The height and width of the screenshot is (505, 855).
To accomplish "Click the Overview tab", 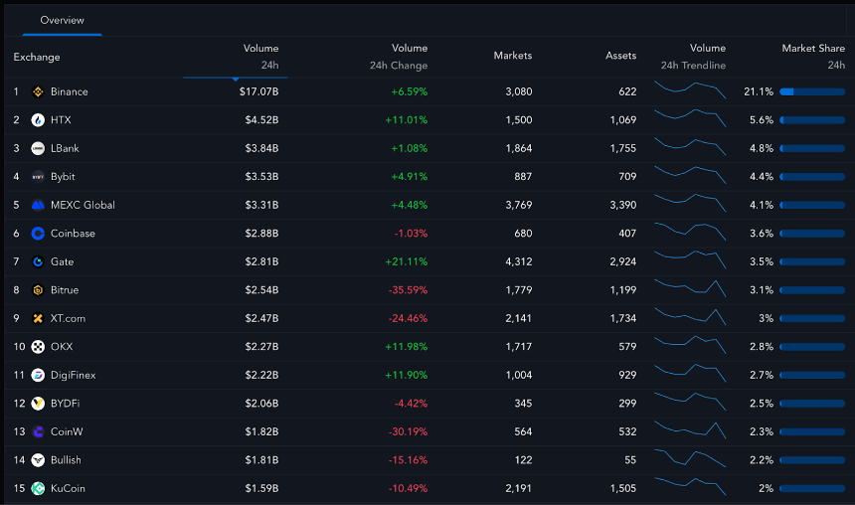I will click(x=62, y=20).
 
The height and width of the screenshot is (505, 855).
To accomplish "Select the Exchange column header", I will click(x=37, y=57).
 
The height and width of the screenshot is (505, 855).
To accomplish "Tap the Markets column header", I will click(x=512, y=56).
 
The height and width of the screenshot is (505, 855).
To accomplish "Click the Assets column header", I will click(x=620, y=56).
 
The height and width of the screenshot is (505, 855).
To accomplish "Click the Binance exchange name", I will click(x=69, y=91).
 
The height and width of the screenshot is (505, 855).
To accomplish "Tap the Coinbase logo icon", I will click(x=38, y=234).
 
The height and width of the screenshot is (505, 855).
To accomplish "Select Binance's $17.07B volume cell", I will click(x=258, y=91).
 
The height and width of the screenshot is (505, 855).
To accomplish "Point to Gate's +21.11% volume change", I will click(x=406, y=261).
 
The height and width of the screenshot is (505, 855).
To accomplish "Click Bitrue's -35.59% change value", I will click(x=406, y=290).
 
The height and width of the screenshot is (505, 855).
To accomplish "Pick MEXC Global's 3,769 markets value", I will click(x=512, y=205).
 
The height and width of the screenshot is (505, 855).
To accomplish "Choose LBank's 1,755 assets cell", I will click(x=620, y=148).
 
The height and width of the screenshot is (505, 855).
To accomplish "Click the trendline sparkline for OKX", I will click(x=690, y=346).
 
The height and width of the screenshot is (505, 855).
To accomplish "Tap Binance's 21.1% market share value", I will click(x=758, y=91).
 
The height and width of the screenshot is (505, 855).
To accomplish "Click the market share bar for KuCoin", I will click(x=812, y=489).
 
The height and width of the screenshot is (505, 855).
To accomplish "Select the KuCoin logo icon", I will click(x=38, y=489).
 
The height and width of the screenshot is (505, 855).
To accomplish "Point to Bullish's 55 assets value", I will click(x=628, y=460).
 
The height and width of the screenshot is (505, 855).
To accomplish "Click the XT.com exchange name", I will click(x=68, y=318).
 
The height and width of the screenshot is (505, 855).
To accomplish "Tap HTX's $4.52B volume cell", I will click(x=261, y=120).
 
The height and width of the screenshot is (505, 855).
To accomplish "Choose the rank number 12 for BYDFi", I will click(x=19, y=404).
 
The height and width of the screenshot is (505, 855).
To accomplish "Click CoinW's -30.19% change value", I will click(x=406, y=431).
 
